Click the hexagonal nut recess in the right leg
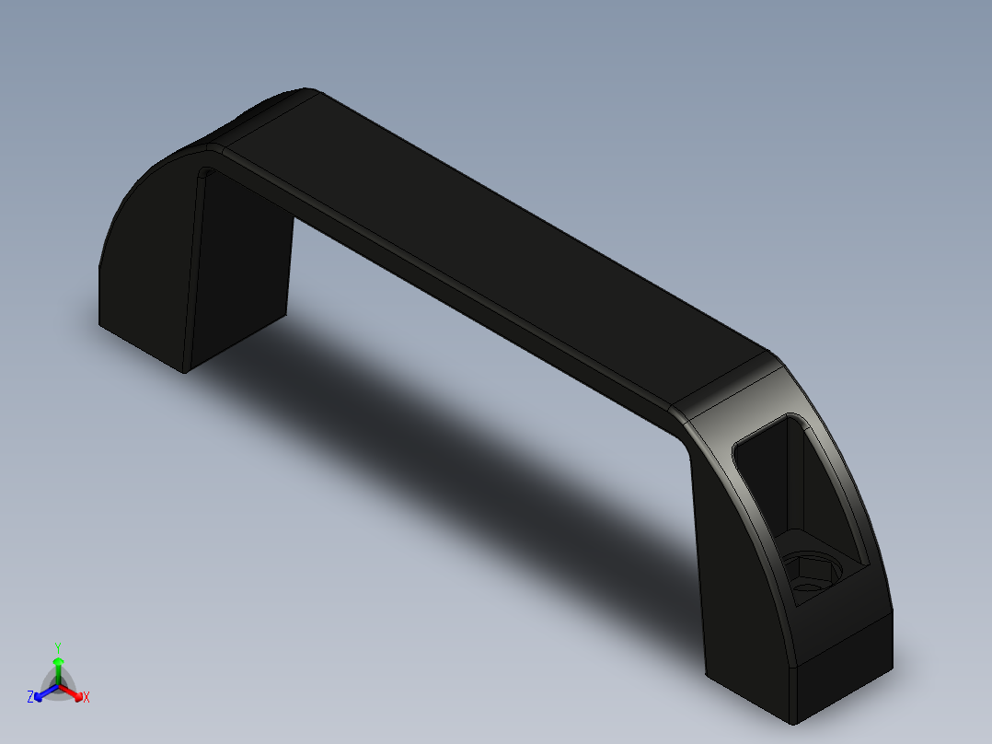click(810, 573)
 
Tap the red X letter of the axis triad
click(87, 698)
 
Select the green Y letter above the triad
click(58, 646)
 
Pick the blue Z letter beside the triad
click(30, 698)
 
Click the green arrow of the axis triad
click(58, 665)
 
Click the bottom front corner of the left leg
click(185, 372)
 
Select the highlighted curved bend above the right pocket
click(736, 387)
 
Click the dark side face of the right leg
click(736, 571)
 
